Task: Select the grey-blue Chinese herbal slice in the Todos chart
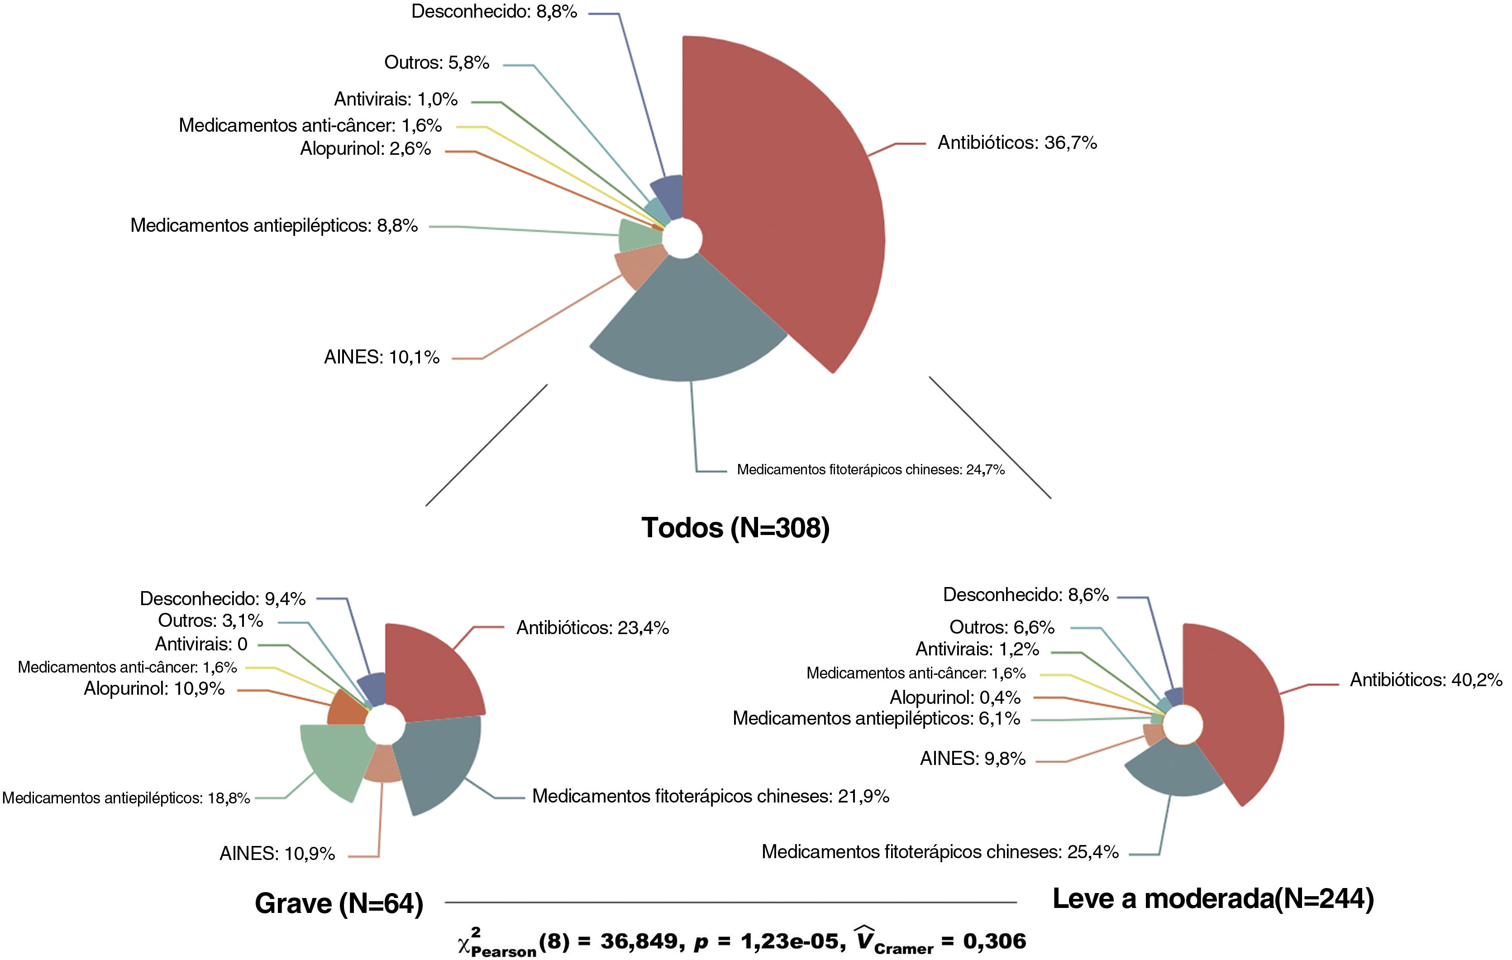[687, 326]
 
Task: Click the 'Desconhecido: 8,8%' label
[494, 11]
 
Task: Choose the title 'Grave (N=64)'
[339, 903]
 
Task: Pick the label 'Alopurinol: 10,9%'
[154, 689]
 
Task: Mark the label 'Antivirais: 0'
[201, 644]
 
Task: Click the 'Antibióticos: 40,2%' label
[1426, 680]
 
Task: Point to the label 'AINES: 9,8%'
[973, 759]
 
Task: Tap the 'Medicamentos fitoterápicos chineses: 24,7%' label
[870, 470]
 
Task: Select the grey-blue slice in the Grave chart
[439, 763]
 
